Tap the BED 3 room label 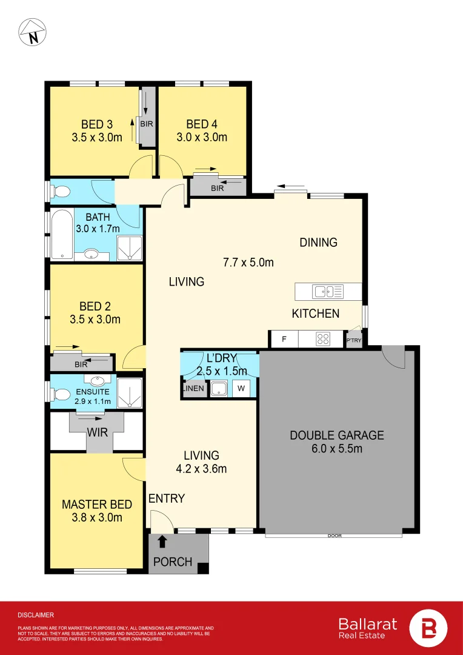96,124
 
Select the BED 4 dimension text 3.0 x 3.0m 202,137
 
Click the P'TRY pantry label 353,341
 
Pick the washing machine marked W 241,388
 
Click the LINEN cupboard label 194,388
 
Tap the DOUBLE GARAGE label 336,435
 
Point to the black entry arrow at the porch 162,540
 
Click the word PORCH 173,562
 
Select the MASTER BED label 97,504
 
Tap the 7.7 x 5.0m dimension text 248,263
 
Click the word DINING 318,243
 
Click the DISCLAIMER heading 36,614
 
